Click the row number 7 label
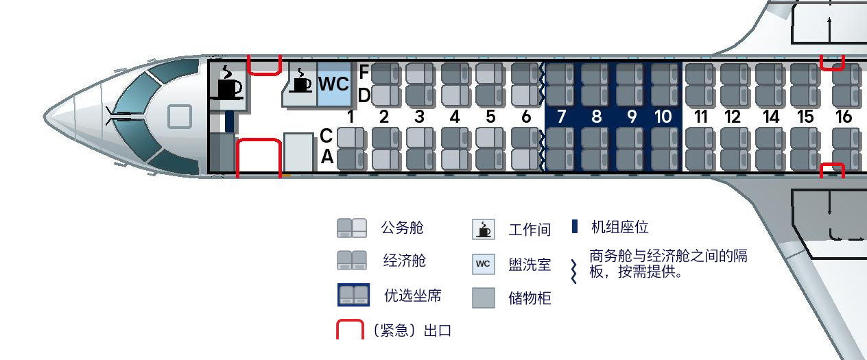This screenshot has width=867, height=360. (561, 117)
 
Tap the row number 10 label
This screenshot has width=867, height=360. (663, 117)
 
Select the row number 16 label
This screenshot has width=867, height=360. (844, 117)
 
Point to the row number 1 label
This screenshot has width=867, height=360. (351, 117)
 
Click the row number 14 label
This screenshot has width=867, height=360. (770, 117)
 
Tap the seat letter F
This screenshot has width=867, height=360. (364, 71)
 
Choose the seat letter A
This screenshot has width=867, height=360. (327, 157)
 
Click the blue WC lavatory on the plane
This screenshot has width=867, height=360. (333, 84)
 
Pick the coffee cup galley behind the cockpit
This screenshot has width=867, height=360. (228, 83)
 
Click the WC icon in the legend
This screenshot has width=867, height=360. (484, 264)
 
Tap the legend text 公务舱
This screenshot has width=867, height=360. (402, 228)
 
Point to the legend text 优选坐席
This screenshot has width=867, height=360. (413, 296)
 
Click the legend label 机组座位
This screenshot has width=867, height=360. (620, 227)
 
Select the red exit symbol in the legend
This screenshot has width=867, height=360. (350, 329)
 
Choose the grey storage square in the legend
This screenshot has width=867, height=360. (484, 298)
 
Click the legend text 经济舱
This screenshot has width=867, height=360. (405, 261)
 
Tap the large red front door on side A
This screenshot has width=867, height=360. (259, 158)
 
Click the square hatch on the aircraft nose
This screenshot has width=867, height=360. (180, 116)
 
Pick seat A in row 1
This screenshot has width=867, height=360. (351, 159)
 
